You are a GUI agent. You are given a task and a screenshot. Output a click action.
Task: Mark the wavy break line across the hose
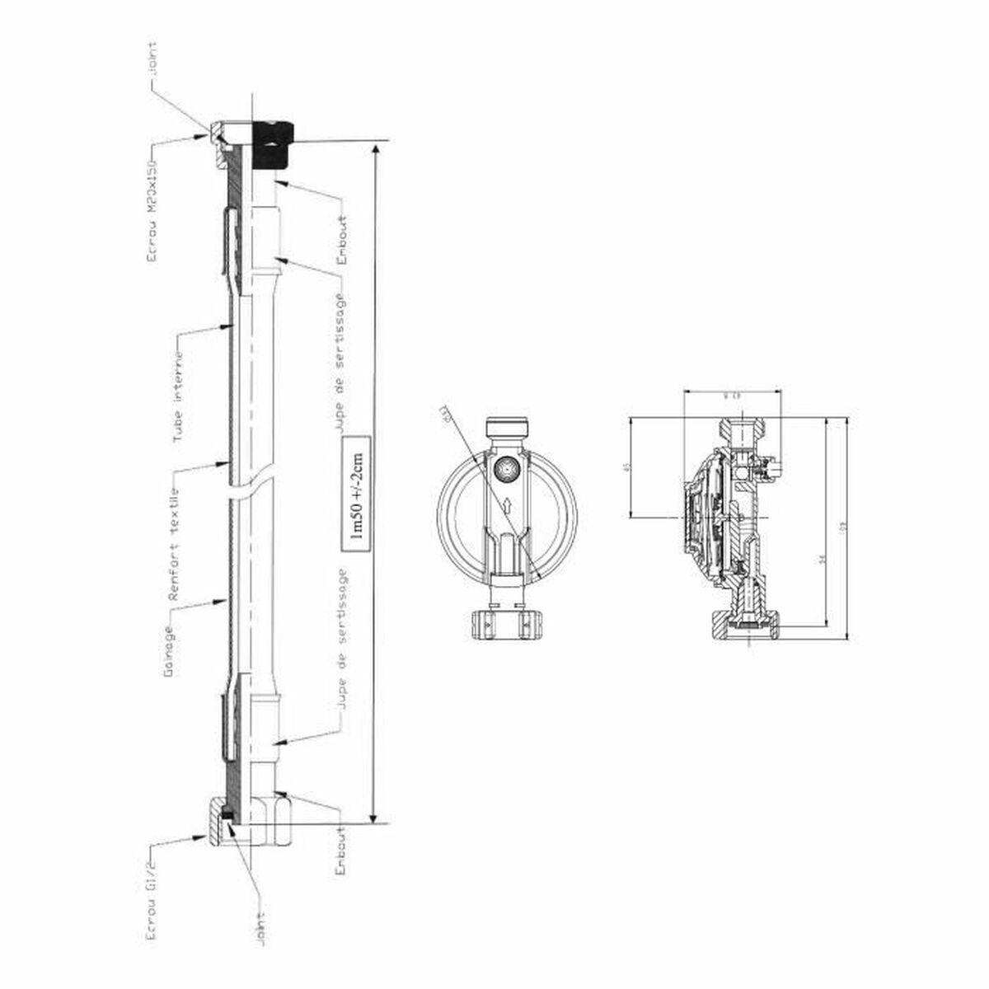[247, 490]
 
